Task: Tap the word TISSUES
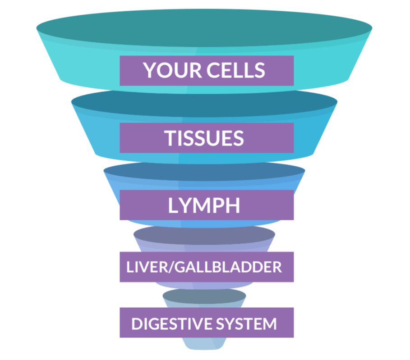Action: (204, 138)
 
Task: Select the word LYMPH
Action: (204, 205)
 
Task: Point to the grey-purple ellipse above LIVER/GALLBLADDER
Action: (204, 235)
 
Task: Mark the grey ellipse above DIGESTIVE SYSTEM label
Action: (204, 296)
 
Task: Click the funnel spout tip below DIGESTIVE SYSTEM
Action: (204, 345)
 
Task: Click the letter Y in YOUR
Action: (150, 70)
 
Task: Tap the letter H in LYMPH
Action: (232, 205)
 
